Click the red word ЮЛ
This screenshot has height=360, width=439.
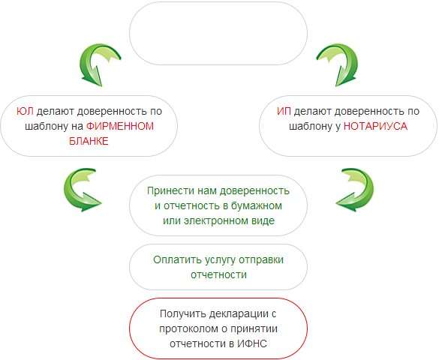pos(25,111)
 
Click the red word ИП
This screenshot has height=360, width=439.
pos(284,111)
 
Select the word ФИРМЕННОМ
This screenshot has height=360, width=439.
pos(120,126)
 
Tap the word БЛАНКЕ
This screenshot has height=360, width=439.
pos(89,141)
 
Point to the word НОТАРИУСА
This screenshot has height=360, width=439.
pos(375,126)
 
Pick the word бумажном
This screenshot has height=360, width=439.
pos(257,205)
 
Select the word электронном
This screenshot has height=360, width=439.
pos(214,220)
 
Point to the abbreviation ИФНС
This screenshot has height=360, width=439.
pos(252,343)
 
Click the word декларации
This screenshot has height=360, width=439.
pos(239,313)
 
